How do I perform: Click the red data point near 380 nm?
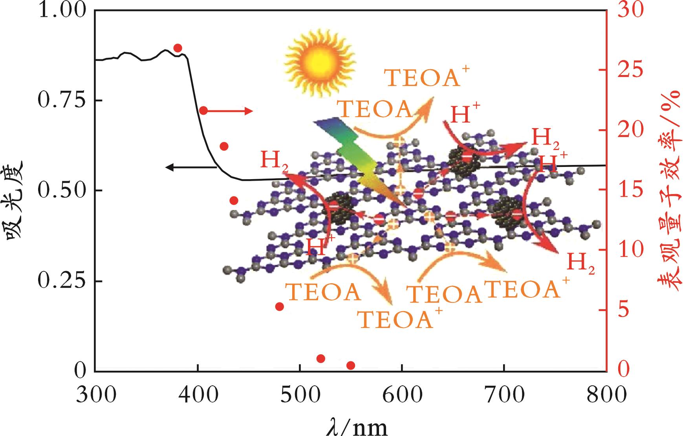tap(178, 48)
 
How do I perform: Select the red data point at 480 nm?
tap(280, 306)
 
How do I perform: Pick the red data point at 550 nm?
tap(351, 366)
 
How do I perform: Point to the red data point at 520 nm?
tap(320, 358)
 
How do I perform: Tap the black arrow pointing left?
tap(190, 167)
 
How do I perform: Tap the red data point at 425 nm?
tap(224, 147)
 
